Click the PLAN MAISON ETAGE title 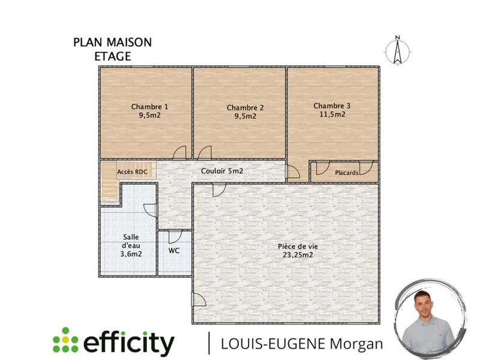tap(112, 49)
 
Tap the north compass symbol tap(397, 50)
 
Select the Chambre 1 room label tap(149, 107)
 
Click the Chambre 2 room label tap(245, 107)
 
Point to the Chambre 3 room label tap(332, 106)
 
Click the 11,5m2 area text tap(332, 114)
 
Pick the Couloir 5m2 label tap(222, 171)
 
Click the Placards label tap(347, 173)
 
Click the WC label tap(175, 250)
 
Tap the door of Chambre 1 tap(180, 154)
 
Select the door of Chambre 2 tap(205, 154)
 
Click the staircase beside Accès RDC tap(109, 183)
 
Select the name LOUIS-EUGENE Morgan tap(302, 343)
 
